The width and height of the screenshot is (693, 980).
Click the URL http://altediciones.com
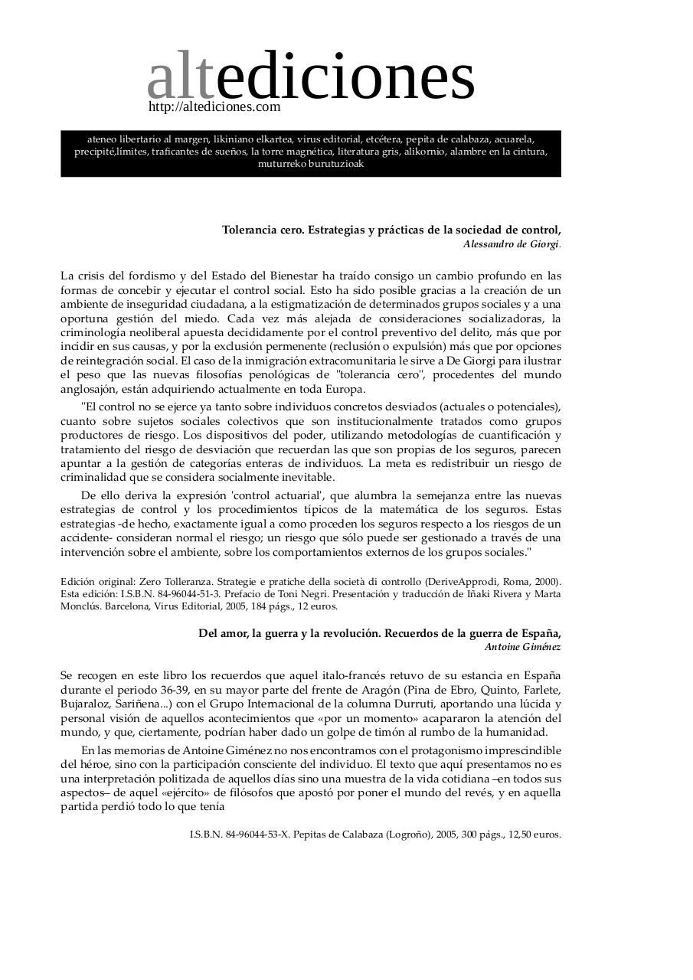coord(214,107)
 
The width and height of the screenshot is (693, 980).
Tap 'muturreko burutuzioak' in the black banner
coord(310,164)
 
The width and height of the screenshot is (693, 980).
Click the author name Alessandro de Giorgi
coord(511,244)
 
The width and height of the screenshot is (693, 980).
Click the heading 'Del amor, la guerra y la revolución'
coord(289,633)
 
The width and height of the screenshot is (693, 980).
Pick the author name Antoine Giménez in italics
coord(522,647)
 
